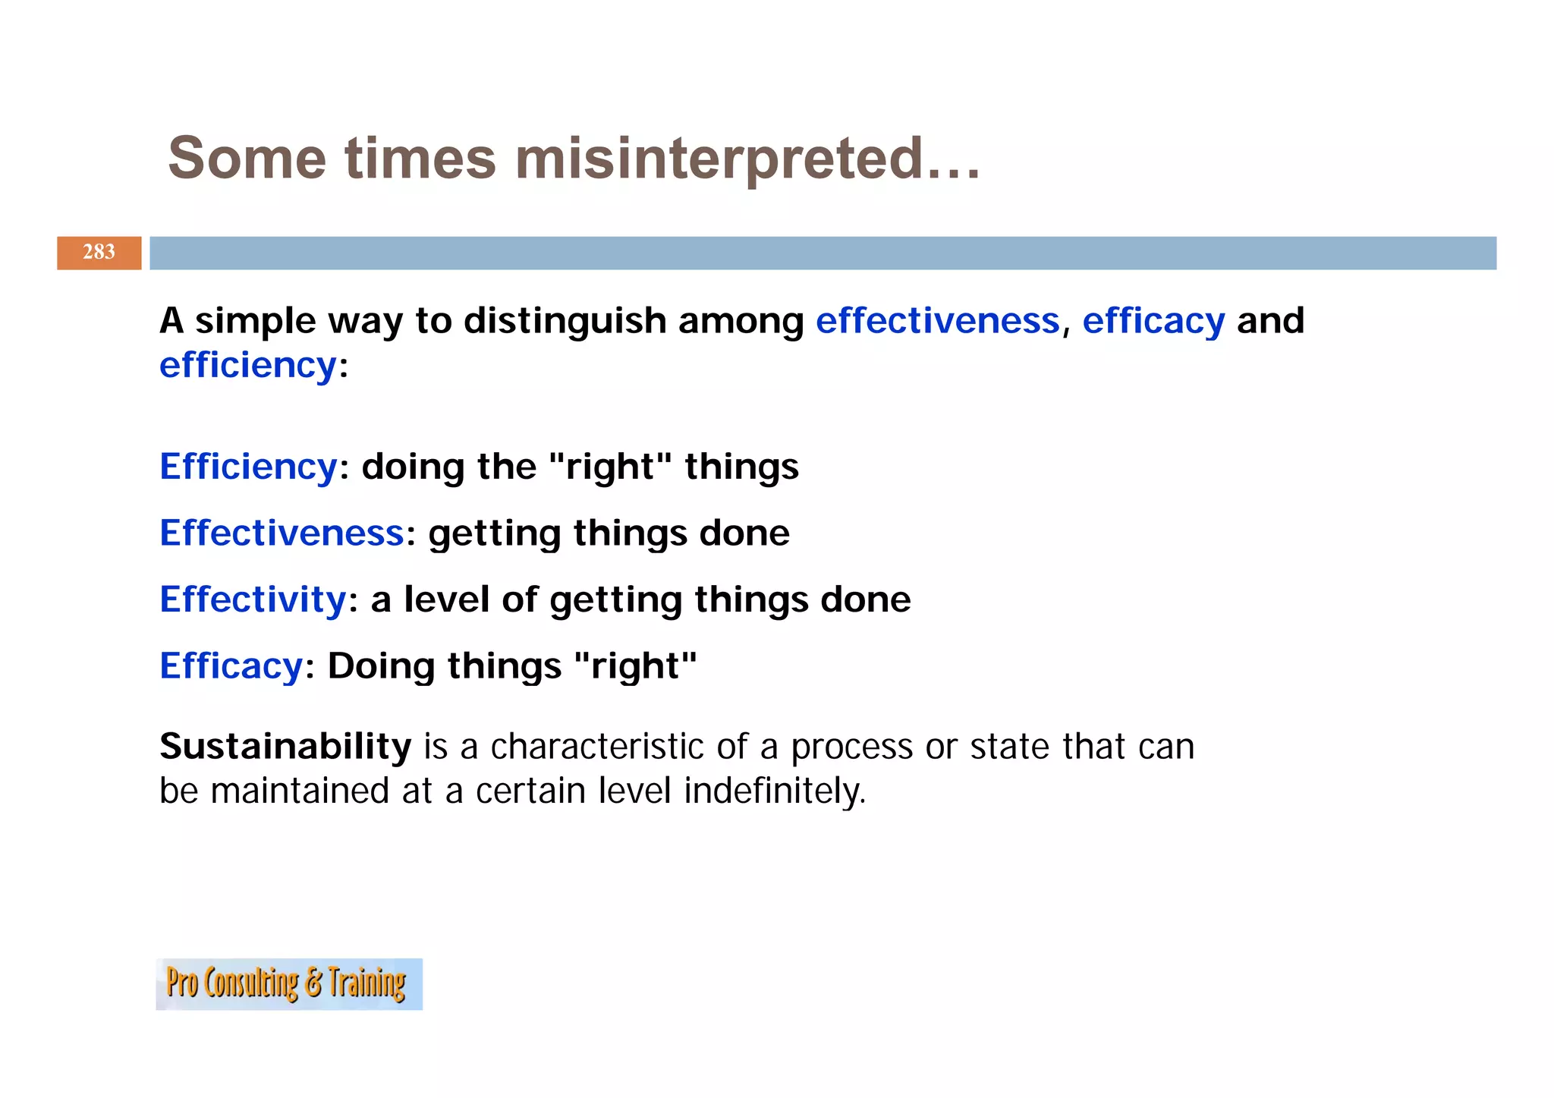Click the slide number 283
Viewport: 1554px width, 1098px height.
pos(99,252)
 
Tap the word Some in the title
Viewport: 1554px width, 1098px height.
pos(247,159)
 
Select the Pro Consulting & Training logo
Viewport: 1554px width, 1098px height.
pos(288,983)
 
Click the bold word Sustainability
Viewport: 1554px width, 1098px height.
pos(285,747)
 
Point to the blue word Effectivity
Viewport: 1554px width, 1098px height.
pos(253,599)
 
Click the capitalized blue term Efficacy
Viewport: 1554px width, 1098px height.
pos(231,666)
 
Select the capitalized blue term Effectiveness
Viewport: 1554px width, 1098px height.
pos(282,533)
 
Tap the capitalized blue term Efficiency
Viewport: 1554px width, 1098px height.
pos(248,467)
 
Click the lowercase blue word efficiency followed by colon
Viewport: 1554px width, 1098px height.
pos(247,366)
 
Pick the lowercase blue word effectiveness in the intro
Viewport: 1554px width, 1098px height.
pos(937,321)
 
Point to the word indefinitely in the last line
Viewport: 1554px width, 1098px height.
pos(774,791)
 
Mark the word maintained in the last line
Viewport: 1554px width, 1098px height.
pos(300,791)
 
